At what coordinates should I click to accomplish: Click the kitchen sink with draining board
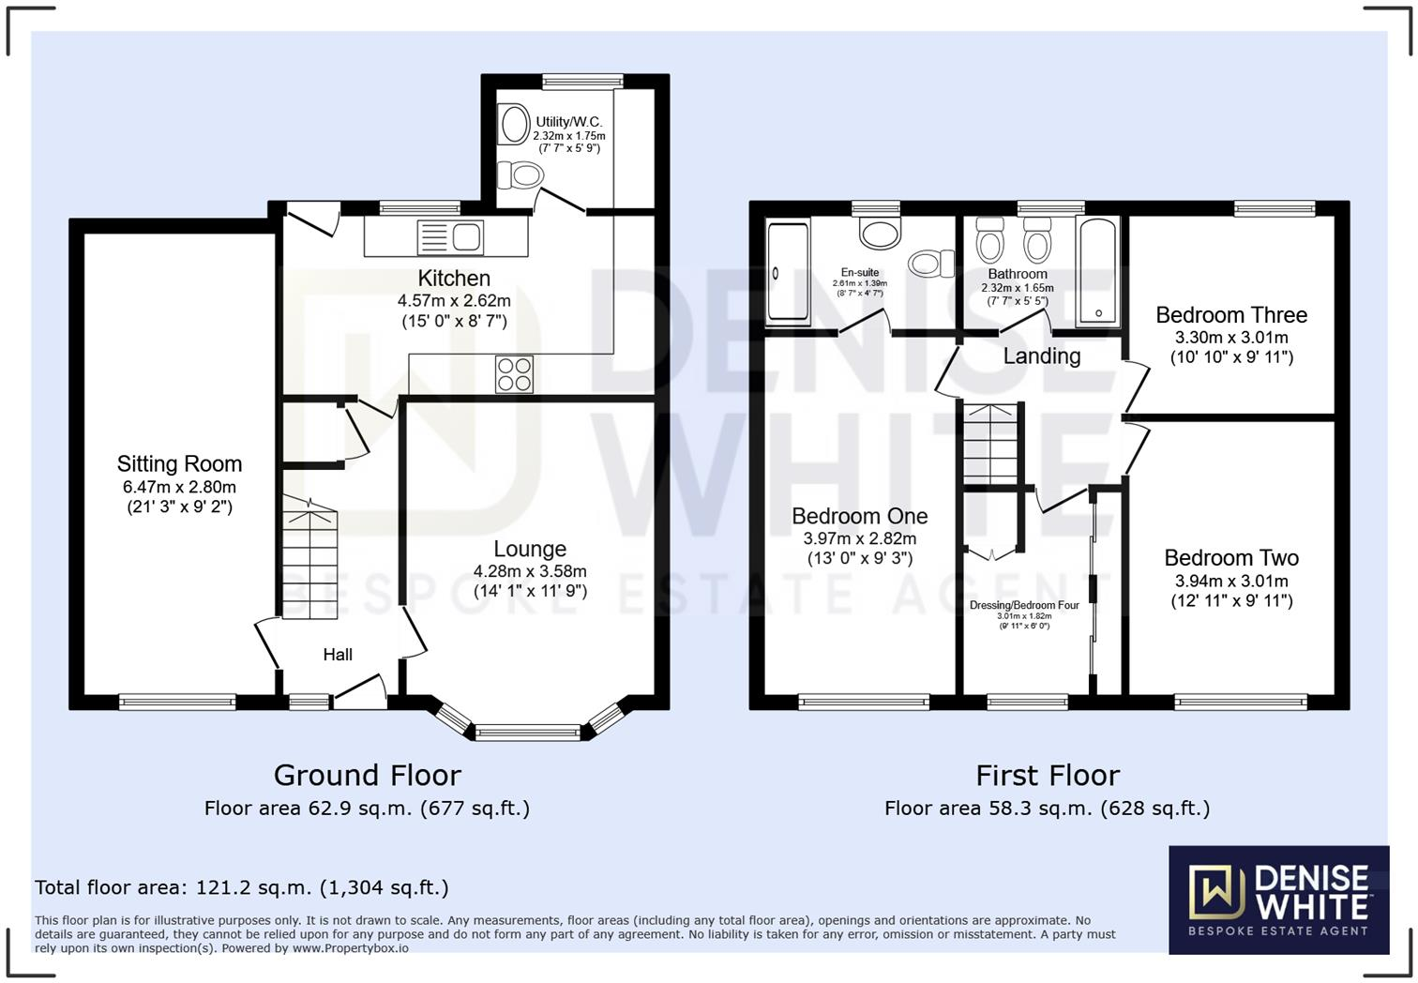point(449,236)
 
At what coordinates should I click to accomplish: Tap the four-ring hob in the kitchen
point(514,374)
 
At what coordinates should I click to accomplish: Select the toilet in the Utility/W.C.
point(520,175)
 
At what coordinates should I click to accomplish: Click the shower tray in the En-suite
point(788,273)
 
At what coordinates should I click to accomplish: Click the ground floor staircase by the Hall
point(309,563)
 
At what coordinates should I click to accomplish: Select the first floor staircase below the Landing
point(990,445)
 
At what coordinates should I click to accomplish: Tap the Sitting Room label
point(179,464)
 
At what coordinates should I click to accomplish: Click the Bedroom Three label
point(1231,315)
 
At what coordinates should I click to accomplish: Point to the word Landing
point(1041,356)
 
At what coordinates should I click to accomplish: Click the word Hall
point(338,655)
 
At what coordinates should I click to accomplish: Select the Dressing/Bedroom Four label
point(1024,606)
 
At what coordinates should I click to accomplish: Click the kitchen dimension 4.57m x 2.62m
point(454,301)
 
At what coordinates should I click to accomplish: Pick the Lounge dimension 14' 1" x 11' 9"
point(530,591)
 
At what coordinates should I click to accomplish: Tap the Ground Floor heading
point(367,776)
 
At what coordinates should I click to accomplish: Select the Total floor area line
point(242,887)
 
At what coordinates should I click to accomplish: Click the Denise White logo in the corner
point(1278,900)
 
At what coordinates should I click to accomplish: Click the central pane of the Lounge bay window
point(528,733)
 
